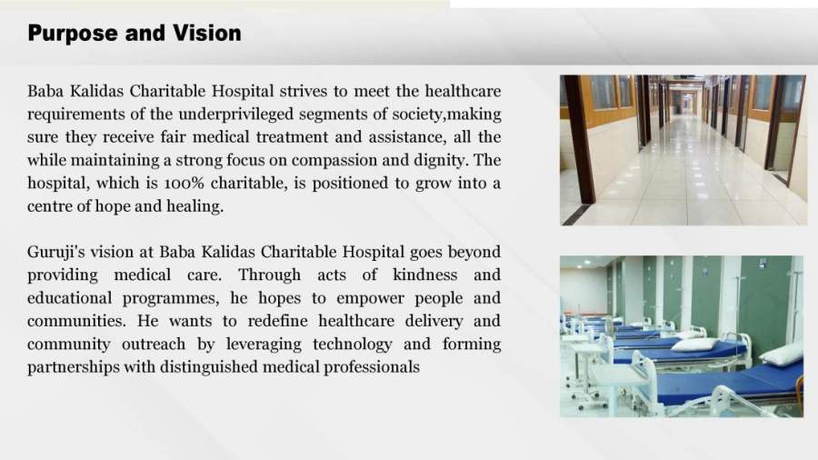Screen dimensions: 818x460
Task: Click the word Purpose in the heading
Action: [x=73, y=34]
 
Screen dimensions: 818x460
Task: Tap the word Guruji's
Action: [x=55, y=253]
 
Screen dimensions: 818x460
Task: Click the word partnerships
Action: [x=74, y=367]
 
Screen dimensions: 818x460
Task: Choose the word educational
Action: [x=69, y=298]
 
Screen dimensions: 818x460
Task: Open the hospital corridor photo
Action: [x=683, y=150]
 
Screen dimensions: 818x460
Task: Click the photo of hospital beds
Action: [x=682, y=336]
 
